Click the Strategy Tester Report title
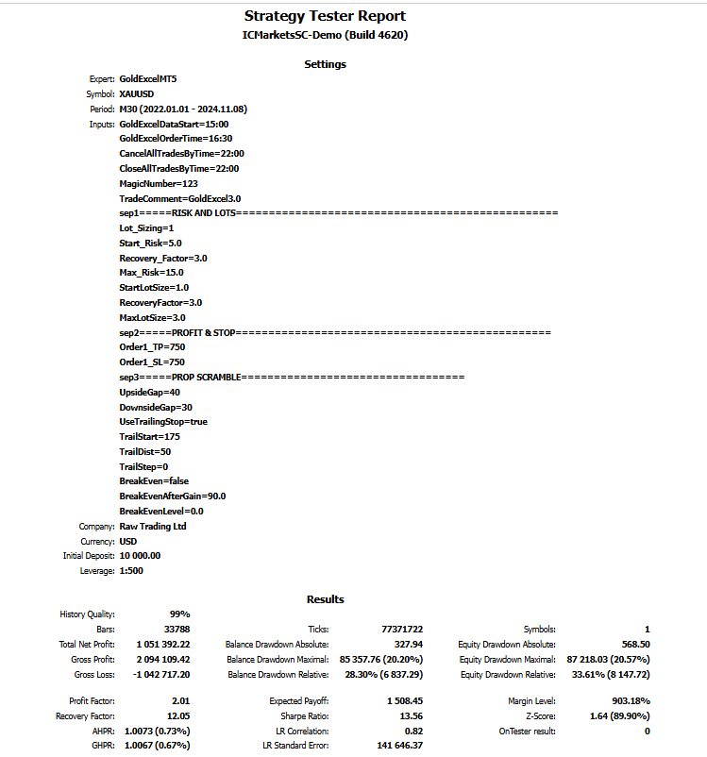[325, 16]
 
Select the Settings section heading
[325, 64]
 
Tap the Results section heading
[325, 599]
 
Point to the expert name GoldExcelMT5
[148, 78]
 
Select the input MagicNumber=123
[159, 183]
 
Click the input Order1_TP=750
[152, 347]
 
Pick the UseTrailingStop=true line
[163, 421]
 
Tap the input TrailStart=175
[149, 436]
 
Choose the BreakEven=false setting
[153, 480]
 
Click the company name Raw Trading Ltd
[153, 526]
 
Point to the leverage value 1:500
[133, 571]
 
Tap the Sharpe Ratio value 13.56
[405, 715]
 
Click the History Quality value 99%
[179, 614]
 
